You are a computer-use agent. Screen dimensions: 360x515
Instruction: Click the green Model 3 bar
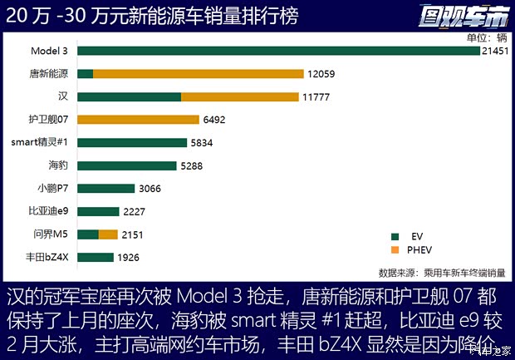(x=279, y=51)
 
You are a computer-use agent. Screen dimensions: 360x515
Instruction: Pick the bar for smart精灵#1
(x=132, y=142)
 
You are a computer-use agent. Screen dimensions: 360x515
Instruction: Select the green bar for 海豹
(x=129, y=165)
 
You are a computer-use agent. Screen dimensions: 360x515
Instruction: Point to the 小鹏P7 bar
(x=106, y=188)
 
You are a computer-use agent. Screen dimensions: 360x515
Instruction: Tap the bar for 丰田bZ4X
(x=96, y=257)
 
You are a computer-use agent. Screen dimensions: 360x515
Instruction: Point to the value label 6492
(x=214, y=120)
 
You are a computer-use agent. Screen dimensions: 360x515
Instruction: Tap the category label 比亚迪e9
(x=50, y=211)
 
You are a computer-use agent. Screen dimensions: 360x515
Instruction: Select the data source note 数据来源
(x=441, y=272)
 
